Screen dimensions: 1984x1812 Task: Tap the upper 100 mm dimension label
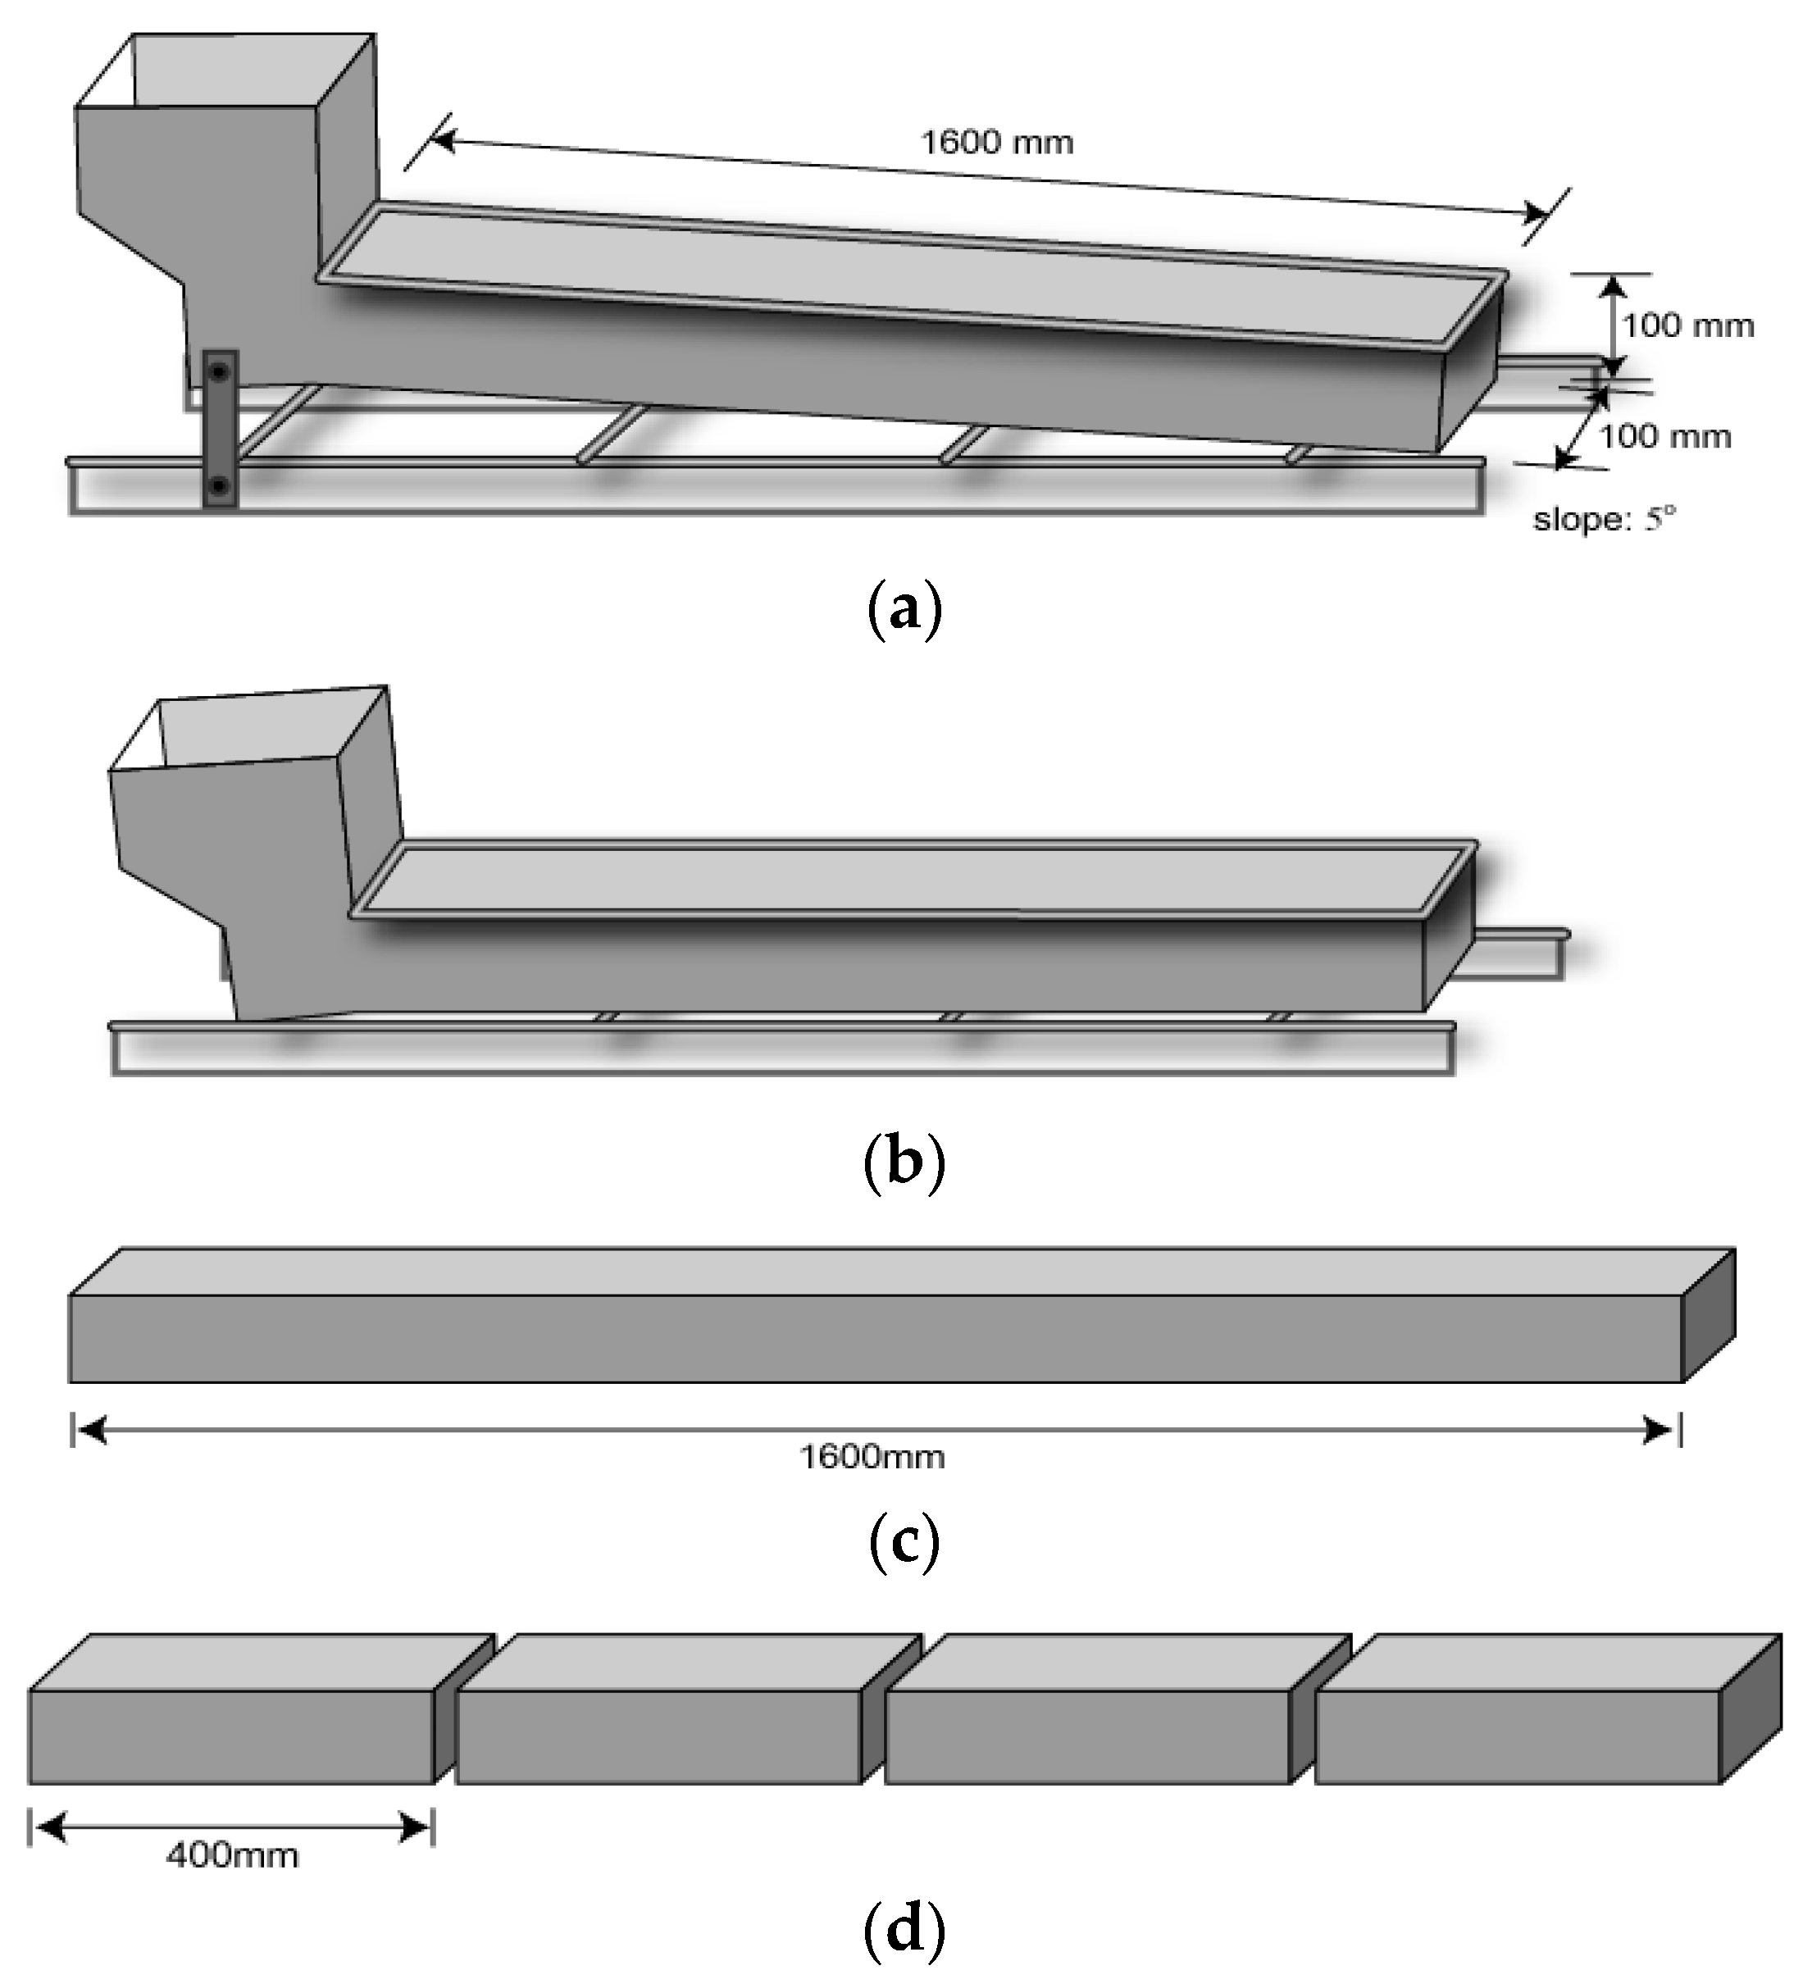pos(1687,325)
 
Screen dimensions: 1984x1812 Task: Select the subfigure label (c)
pos(904,1543)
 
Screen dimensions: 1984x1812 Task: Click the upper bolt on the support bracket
pos(220,371)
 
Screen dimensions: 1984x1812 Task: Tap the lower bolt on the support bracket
pos(220,485)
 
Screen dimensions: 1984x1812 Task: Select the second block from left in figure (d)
pos(659,1737)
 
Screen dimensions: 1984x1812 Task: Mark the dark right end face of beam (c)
pos(1708,1316)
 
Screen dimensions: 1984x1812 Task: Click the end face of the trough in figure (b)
pos(1449,930)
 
